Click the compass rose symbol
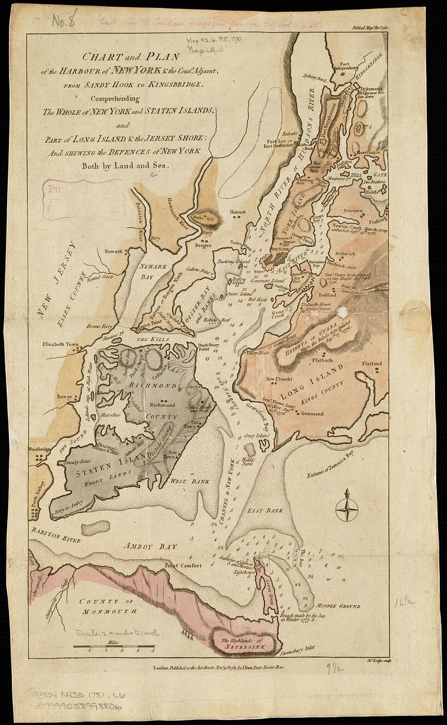[346, 504]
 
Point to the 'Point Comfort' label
[184, 565]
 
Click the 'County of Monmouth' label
[108, 606]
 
